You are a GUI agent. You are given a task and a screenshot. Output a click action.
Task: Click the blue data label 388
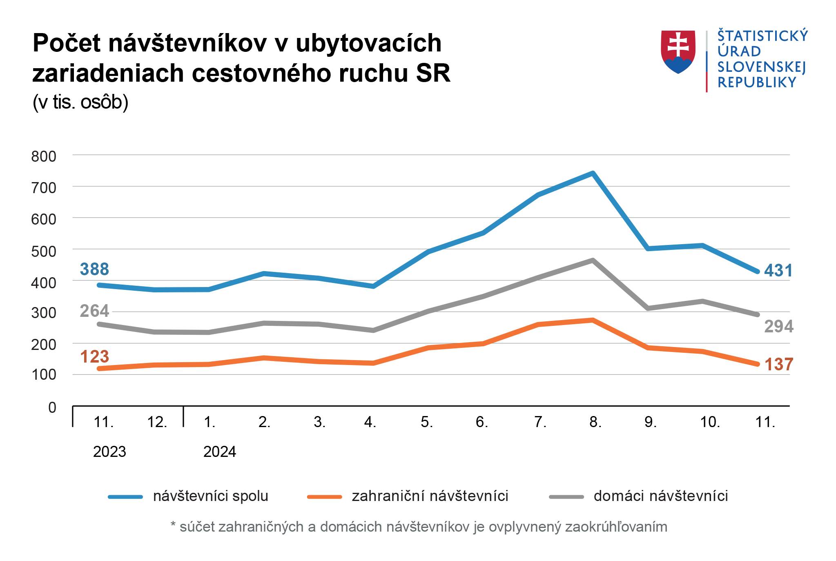click(x=94, y=269)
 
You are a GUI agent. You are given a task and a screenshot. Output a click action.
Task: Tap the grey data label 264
click(x=94, y=311)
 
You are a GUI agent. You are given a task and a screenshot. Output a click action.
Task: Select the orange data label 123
click(x=94, y=356)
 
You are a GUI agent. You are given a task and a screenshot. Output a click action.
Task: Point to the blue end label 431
click(x=778, y=270)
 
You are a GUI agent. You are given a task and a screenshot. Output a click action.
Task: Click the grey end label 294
click(x=778, y=326)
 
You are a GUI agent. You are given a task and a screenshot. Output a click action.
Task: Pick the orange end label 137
click(x=778, y=364)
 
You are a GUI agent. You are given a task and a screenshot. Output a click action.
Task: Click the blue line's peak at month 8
click(x=593, y=173)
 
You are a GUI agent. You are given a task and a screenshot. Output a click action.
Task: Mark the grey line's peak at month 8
click(x=593, y=260)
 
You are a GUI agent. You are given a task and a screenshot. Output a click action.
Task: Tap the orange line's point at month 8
click(x=593, y=320)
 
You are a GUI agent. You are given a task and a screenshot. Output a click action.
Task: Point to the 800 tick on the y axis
click(x=44, y=156)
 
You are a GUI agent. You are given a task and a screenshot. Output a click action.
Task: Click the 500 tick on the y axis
click(x=44, y=251)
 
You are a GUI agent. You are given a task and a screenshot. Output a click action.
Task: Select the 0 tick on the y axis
click(x=52, y=407)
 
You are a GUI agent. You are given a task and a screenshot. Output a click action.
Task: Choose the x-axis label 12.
click(x=157, y=422)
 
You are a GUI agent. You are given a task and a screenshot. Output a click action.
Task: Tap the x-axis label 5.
click(x=427, y=422)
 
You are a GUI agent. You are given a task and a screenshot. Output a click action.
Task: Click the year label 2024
click(x=220, y=452)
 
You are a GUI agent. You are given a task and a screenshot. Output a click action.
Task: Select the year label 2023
click(x=109, y=452)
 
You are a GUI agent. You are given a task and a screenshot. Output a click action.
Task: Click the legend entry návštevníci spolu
click(x=210, y=496)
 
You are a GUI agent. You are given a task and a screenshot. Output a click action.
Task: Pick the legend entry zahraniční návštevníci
click(x=430, y=496)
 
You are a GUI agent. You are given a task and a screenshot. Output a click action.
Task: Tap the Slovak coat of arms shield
click(x=678, y=51)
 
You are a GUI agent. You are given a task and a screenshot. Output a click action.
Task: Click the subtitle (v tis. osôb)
click(x=80, y=102)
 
